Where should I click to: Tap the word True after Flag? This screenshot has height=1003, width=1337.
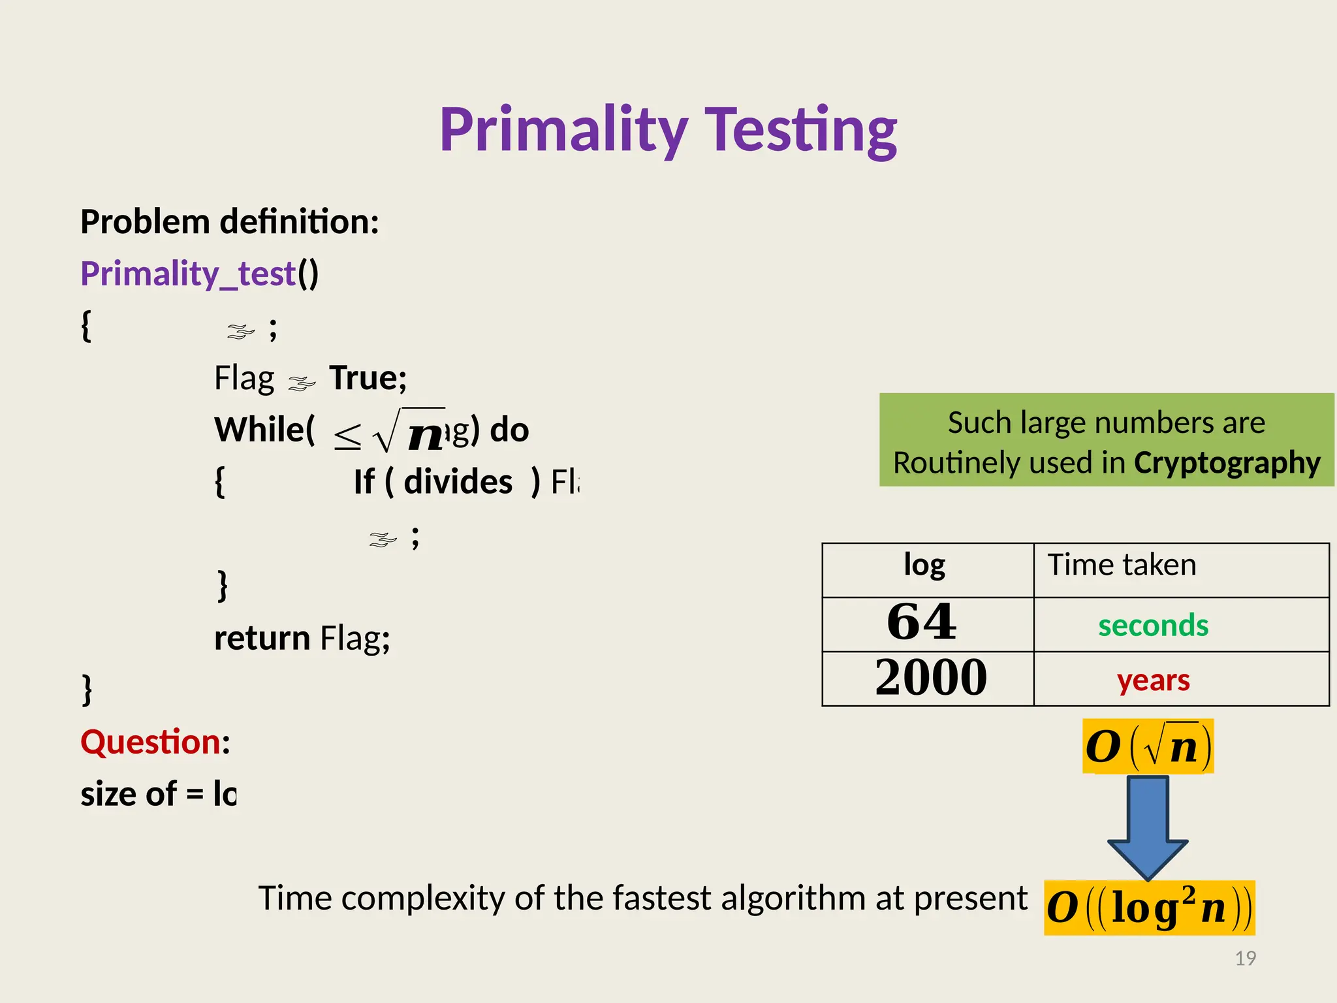coord(368,377)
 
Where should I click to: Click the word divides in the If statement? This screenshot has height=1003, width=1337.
coord(458,482)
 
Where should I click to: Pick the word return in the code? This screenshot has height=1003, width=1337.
coord(262,638)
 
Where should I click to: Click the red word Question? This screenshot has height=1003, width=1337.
coord(151,742)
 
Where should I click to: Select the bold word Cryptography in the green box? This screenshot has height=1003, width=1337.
coord(1227,462)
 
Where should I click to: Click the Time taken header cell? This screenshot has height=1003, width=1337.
coord(1122,565)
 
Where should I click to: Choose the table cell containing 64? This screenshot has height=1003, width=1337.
coord(922,622)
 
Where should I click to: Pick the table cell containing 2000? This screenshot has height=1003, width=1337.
coord(931,678)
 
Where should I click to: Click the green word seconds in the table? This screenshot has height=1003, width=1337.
coord(1153,625)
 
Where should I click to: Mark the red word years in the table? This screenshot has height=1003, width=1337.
coord(1153,680)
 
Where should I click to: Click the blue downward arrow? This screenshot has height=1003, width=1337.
coord(1147,826)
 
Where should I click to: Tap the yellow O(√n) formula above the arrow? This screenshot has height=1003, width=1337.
coord(1148,746)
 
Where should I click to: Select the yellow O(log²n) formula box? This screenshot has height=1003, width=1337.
coord(1149,908)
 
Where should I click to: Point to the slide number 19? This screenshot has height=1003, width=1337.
coord(1245,958)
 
